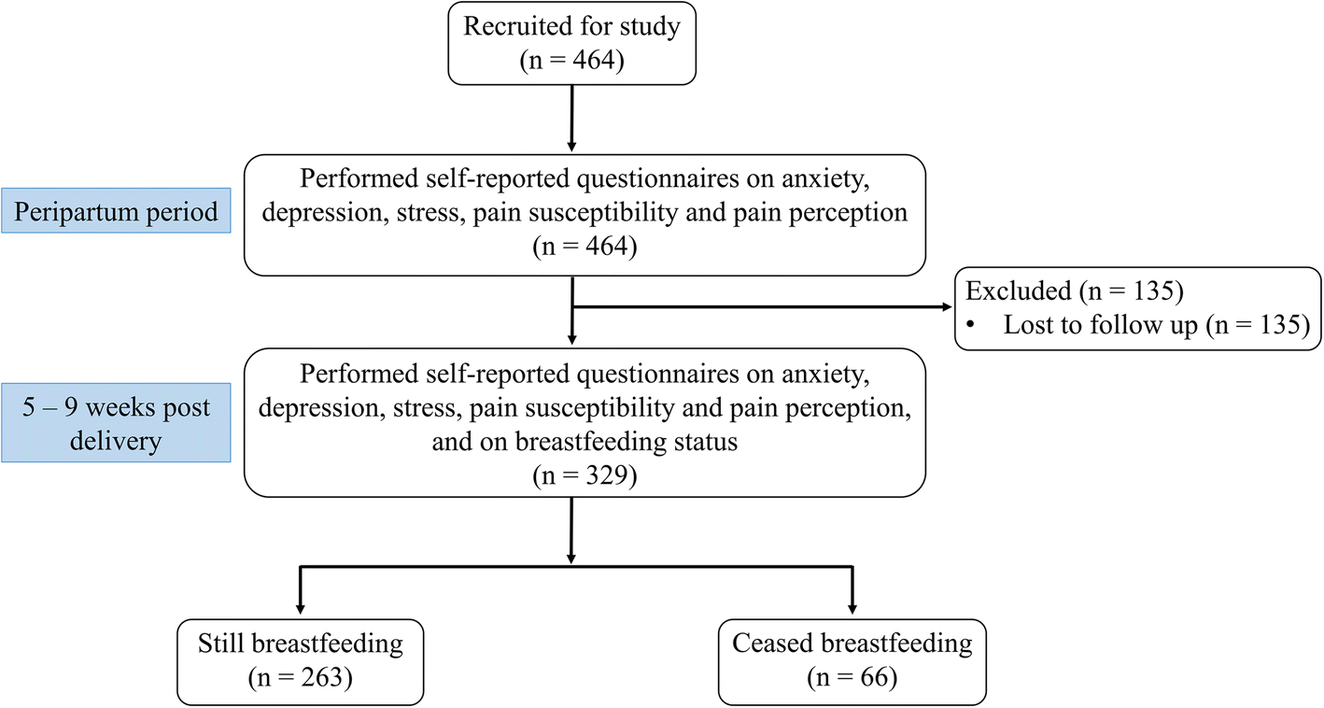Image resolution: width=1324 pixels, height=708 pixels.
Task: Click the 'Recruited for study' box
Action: [571, 43]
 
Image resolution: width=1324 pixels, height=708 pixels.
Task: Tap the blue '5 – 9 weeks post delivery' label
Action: [116, 422]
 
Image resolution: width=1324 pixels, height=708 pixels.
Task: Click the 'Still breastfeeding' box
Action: [300, 660]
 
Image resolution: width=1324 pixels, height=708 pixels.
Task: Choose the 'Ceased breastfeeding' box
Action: [852, 660]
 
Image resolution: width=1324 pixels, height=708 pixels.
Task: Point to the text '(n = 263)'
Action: [300, 677]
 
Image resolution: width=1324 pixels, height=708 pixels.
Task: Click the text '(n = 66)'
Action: [852, 677]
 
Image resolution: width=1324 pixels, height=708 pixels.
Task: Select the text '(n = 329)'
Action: [585, 476]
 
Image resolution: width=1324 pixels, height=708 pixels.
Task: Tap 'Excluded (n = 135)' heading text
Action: [1074, 291]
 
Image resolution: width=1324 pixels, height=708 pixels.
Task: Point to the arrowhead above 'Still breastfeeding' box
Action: [300, 609]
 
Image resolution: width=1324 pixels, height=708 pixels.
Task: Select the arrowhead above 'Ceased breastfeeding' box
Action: [852, 609]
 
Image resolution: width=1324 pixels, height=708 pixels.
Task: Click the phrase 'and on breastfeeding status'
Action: [585, 442]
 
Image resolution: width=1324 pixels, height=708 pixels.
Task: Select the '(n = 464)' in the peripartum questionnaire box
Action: [585, 248]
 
